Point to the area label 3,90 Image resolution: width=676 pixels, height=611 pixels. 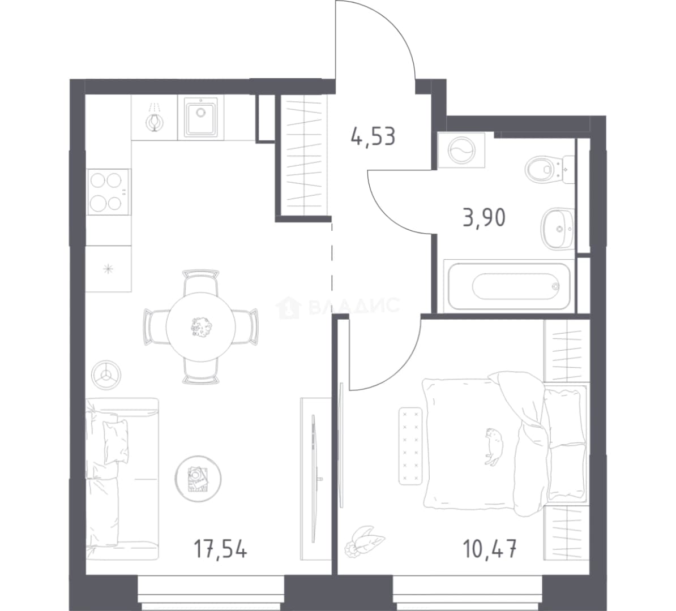coord(484,218)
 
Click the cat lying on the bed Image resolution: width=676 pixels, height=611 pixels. coord(494,446)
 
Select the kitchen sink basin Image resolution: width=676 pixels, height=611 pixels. coord(201,117)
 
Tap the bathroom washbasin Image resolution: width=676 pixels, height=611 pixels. coord(558,229)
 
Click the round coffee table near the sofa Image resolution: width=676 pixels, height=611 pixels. coord(198,478)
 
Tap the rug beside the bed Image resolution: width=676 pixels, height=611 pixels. coord(410,446)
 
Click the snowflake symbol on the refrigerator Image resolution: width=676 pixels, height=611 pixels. coord(108,269)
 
